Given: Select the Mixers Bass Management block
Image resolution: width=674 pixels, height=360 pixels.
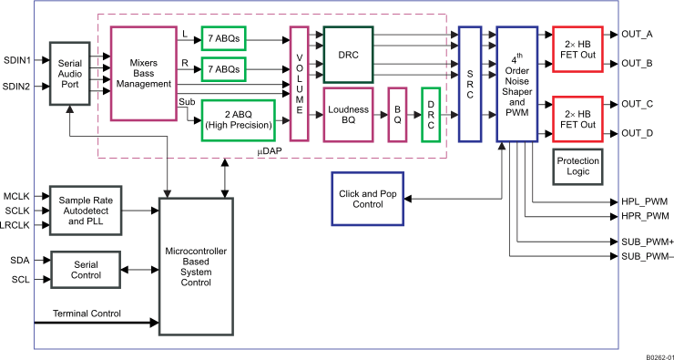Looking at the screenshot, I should coord(142,73).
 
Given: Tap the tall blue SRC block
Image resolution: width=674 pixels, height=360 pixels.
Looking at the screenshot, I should coord(469,84).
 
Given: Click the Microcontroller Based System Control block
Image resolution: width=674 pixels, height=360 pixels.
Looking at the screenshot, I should coord(196,263).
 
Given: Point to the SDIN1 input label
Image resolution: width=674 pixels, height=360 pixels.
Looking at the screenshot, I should coord(17,61).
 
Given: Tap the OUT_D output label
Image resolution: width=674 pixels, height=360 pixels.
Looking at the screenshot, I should coord(638,134).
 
